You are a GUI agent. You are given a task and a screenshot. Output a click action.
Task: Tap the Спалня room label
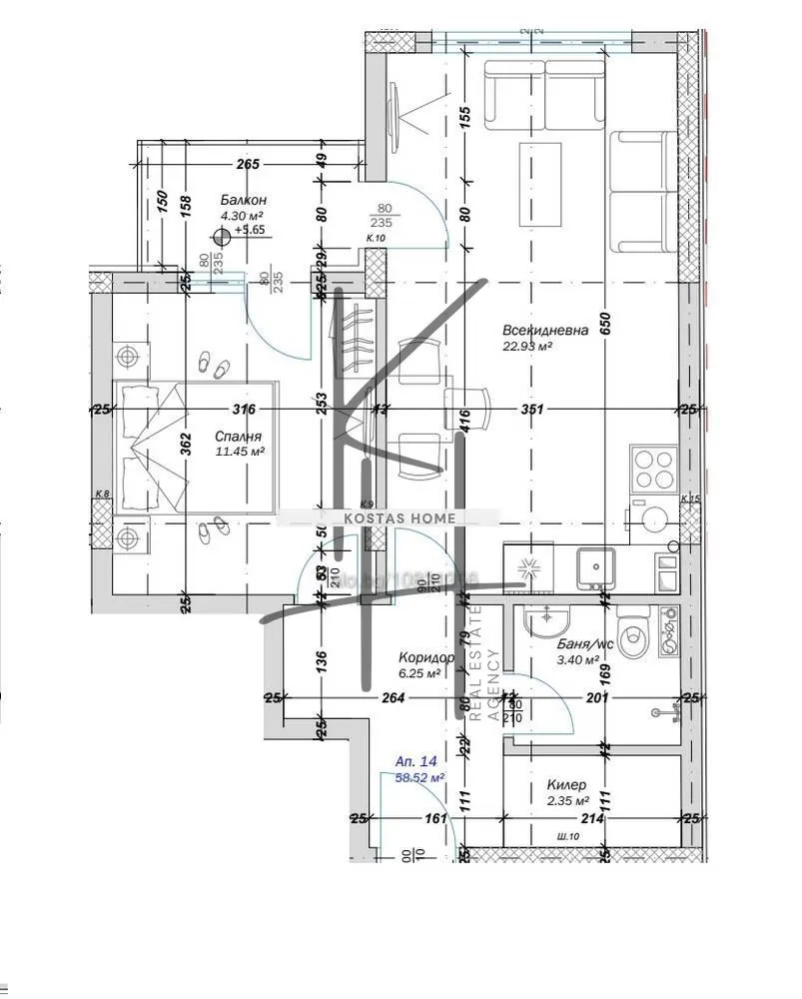tap(238, 437)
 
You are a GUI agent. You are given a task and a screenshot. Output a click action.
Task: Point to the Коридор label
tap(426, 658)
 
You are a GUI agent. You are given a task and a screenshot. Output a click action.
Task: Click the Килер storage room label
tap(566, 785)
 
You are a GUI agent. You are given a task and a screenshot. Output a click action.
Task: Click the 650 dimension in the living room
tap(604, 324)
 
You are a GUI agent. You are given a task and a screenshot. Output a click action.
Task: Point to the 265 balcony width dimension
tap(248, 165)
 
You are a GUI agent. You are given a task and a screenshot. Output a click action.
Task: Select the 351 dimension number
tap(531, 409)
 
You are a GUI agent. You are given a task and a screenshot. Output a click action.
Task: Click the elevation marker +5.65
tap(248, 230)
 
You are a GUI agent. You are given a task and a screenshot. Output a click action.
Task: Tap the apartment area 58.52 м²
tap(419, 776)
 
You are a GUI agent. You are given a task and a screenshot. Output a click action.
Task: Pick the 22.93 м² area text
tap(528, 348)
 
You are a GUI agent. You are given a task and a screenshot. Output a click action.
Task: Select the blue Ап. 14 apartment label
tap(416, 761)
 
